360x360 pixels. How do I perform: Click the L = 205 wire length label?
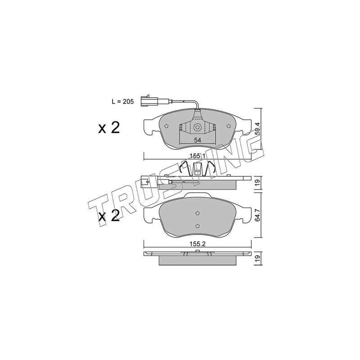click(122, 102)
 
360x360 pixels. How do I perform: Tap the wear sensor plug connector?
click(148, 101)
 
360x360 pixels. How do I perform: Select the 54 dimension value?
click(197, 140)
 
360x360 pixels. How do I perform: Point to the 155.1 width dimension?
click(198, 156)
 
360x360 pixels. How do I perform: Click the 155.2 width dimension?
click(198, 244)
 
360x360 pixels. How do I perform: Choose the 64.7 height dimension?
click(258, 215)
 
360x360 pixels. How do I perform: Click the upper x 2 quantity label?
click(109, 128)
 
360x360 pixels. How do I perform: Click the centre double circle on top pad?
click(197, 127)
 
